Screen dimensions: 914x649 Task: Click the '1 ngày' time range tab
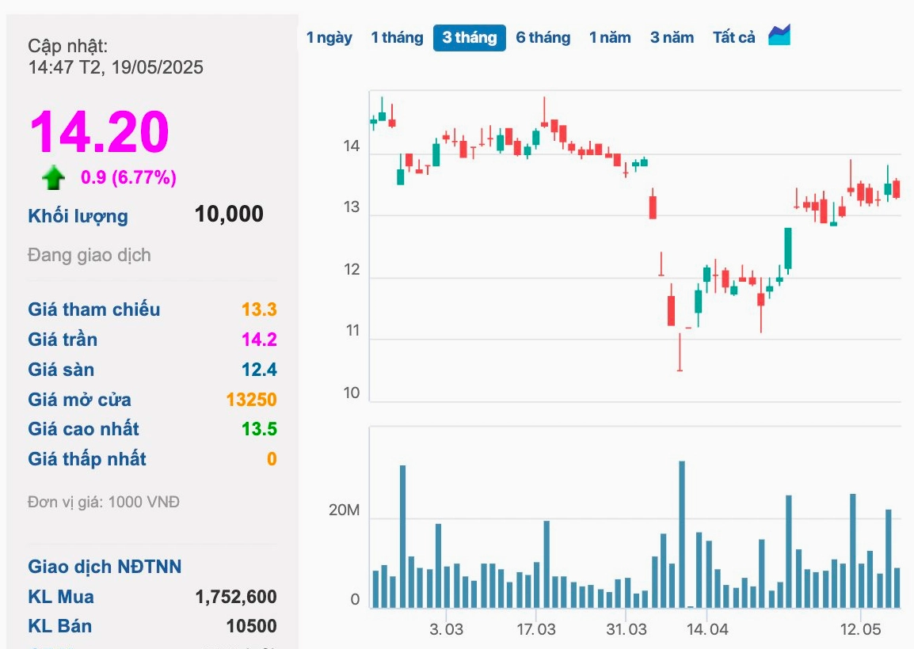pos(329,38)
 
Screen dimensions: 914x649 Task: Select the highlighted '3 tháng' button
pos(469,38)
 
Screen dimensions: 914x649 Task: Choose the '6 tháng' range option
pos(543,38)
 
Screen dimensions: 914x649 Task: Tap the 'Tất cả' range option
pos(733,38)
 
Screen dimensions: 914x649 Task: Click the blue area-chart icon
pos(779,35)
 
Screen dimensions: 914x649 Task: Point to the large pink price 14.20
pos(100,132)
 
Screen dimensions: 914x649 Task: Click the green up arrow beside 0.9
pos(54,177)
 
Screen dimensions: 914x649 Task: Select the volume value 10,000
pos(229,214)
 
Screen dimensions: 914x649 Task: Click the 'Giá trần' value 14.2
pos(260,340)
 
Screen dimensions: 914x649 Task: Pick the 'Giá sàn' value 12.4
pos(260,370)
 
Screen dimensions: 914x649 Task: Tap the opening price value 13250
pos(252,400)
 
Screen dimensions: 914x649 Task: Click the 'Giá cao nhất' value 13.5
pos(260,429)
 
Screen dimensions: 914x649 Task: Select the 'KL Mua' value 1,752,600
pos(236,597)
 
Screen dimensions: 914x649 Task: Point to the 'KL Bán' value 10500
pos(252,626)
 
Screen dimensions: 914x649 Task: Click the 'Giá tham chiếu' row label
pos(93,309)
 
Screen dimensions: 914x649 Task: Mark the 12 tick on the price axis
pos(352,270)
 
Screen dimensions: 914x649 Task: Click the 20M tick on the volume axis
pos(345,510)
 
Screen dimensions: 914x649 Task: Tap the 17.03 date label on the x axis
pos(536,629)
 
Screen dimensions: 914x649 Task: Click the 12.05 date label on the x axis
pos(860,629)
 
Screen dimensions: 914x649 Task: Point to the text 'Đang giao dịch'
pos(89,255)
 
